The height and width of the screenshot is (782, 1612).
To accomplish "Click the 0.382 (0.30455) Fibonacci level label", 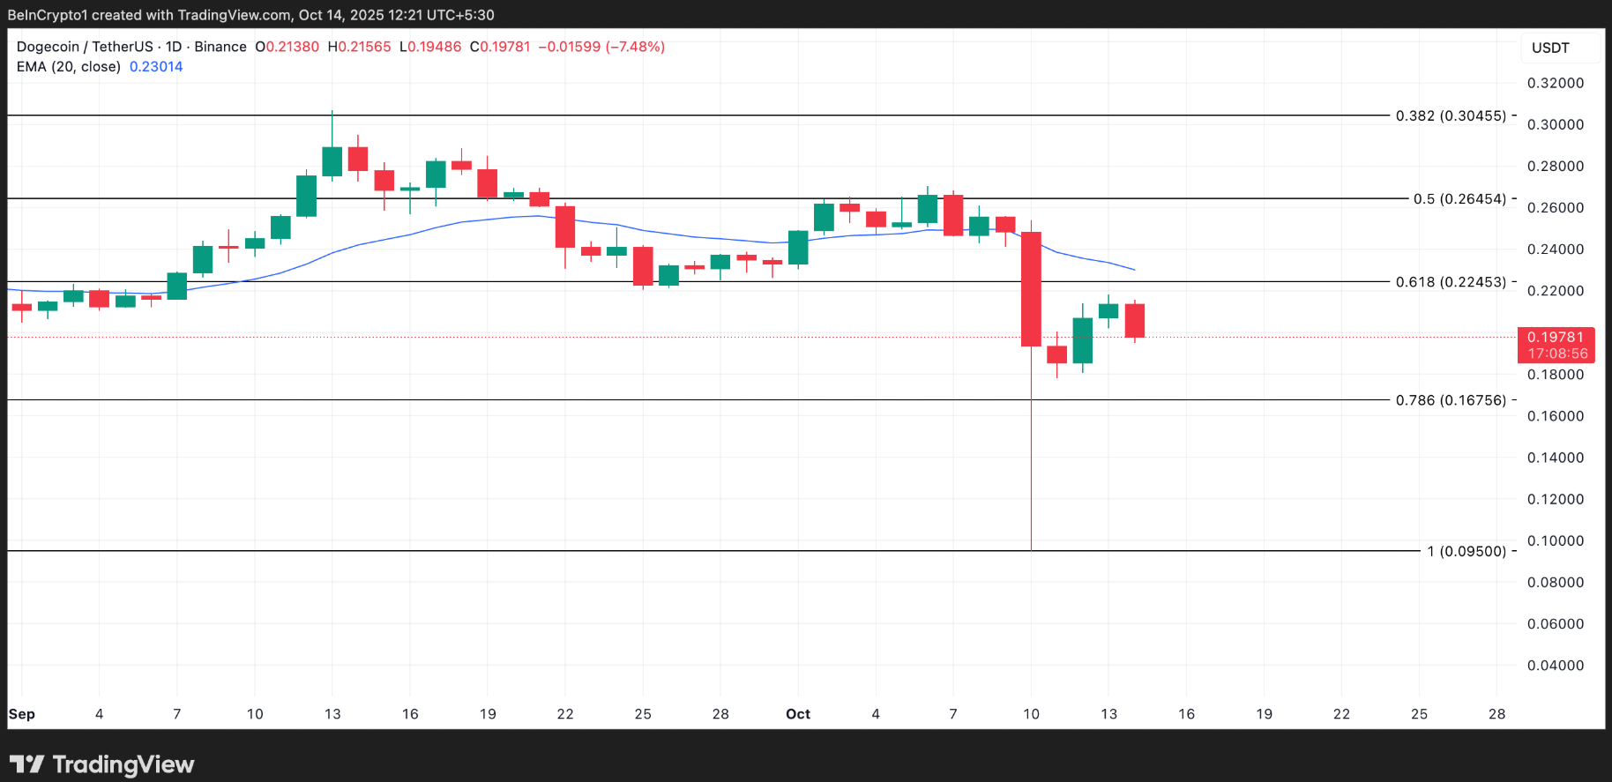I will pyautogui.click(x=1451, y=115).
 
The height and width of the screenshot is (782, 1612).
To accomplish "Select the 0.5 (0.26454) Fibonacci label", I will pyautogui.click(x=1459, y=199).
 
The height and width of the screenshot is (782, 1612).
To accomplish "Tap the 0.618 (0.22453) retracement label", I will pyautogui.click(x=1451, y=282).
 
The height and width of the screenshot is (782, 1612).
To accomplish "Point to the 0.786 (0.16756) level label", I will pyautogui.click(x=1451, y=400).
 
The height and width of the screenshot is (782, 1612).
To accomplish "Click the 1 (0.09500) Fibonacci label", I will pyautogui.click(x=1466, y=551).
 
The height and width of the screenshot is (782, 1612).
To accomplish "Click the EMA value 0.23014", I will pyautogui.click(x=156, y=67).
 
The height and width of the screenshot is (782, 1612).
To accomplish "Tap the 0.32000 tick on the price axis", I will pyautogui.click(x=1556, y=83).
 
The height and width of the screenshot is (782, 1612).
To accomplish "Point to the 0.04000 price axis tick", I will pyautogui.click(x=1556, y=666).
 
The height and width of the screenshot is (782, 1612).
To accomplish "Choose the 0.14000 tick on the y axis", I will pyautogui.click(x=1556, y=458).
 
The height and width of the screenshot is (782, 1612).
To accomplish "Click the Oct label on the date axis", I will pyautogui.click(x=798, y=714).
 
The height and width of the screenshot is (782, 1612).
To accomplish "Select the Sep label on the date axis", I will pyautogui.click(x=22, y=714).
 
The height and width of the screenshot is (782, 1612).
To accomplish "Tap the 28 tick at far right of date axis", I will pyautogui.click(x=1496, y=714).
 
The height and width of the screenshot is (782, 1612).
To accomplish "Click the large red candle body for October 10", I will pyautogui.click(x=1031, y=289).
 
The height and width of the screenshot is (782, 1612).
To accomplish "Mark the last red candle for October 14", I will pyautogui.click(x=1134, y=320).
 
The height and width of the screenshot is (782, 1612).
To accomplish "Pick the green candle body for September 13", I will pyautogui.click(x=332, y=161).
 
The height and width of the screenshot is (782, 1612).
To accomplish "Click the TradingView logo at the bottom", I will pyautogui.click(x=102, y=764).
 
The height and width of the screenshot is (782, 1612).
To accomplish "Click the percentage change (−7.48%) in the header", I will pyautogui.click(x=635, y=47).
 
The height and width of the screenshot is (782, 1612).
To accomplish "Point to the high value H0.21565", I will pyautogui.click(x=359, y=47).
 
